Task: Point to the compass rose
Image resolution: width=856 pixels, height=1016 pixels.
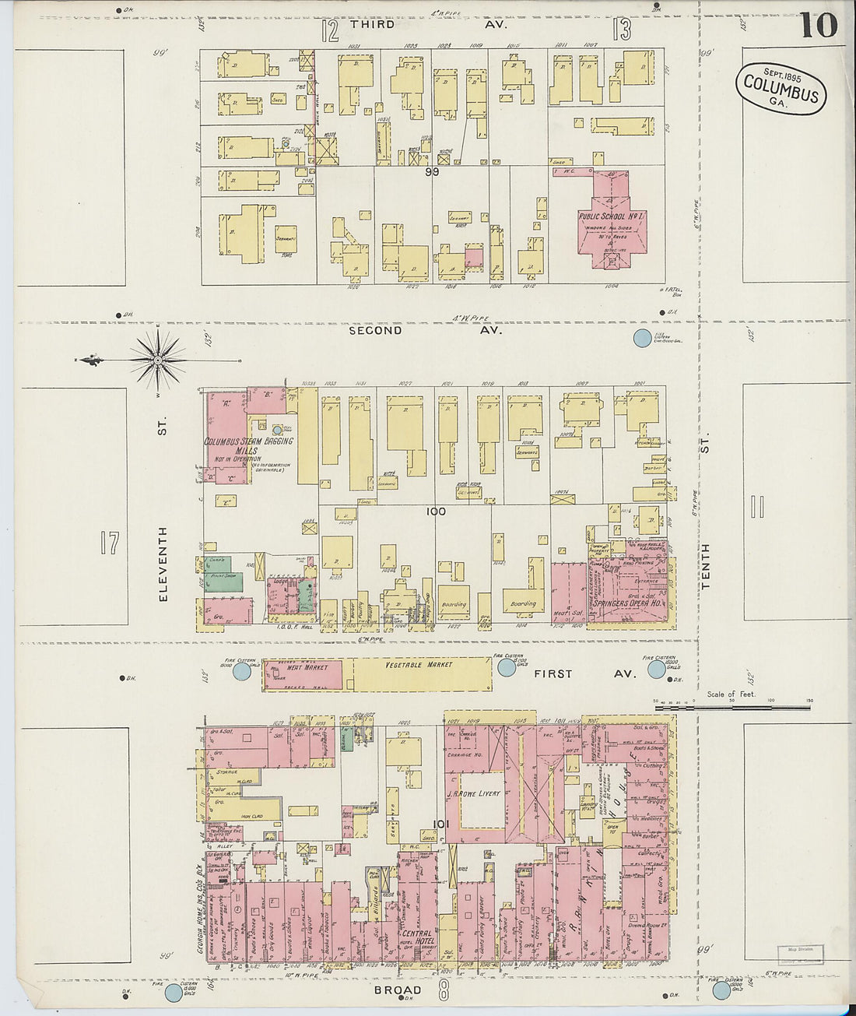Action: (158, 360)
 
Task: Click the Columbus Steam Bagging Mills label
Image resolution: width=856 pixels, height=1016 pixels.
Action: (249, 446)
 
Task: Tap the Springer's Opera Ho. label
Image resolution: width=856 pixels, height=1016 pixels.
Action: (630, 603)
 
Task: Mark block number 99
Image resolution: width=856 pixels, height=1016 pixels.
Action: (433, 171)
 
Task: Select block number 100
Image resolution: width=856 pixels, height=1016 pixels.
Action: (435, 512)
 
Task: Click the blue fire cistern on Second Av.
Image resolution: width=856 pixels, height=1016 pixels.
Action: (642, 338)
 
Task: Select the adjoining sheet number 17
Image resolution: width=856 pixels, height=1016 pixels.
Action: (110, 543)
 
